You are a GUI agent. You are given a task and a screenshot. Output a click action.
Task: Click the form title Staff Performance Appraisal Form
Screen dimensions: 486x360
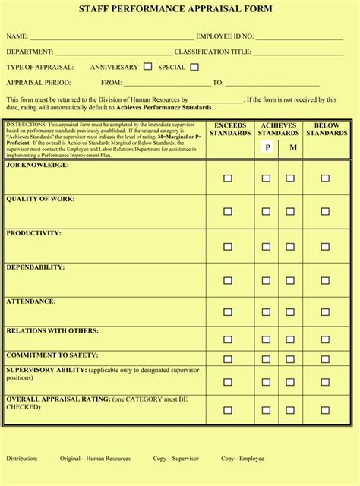pos(180,9)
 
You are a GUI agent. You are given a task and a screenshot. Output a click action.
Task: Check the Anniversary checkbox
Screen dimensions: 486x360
pos(147,67)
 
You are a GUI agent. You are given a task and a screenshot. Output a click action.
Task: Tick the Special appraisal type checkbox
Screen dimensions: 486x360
pos(194,67)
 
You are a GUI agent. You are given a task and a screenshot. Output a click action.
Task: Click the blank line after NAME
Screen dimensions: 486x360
pos(112,36)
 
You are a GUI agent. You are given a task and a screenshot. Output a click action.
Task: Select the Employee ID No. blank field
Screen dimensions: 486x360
pos(300,36)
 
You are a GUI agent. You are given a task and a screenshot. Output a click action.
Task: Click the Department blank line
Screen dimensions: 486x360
pos(113,52)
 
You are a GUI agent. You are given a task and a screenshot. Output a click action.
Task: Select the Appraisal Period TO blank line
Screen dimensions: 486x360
pos(271,84)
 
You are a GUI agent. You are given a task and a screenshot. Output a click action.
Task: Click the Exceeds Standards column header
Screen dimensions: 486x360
pos(230,129)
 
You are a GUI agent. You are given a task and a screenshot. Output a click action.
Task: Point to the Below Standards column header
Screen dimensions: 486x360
pos(327,129)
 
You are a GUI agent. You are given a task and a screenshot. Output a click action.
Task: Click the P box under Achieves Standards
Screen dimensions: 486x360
pos(267,147)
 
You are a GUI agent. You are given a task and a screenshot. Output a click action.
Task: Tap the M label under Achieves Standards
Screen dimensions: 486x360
pos(293,148)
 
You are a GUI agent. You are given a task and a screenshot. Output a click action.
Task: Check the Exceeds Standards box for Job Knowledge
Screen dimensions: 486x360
pos(228,178)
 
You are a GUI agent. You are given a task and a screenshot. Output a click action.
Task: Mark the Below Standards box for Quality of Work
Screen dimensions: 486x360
pos(325,212)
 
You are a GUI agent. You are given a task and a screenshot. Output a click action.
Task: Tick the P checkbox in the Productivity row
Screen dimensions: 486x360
pos(266,247)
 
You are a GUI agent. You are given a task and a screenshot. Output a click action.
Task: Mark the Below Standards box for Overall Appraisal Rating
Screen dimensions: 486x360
pos(325,409)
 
